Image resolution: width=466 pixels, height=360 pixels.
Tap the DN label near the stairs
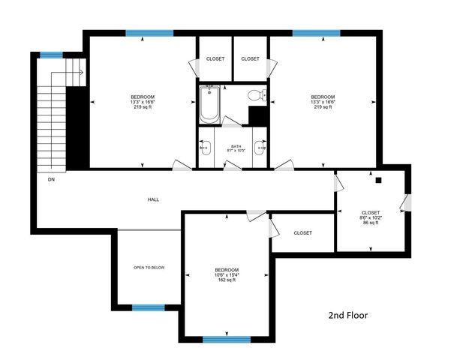(x=52, y=180)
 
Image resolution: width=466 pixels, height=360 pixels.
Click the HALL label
(x=153, y=199)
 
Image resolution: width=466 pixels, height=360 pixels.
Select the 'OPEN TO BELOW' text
(x=149, y=267)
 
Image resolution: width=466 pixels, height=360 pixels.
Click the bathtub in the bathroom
(x=209, y=104)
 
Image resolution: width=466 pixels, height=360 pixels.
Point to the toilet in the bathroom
(x=255, y=95)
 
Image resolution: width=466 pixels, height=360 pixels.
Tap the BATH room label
(x=236, y=146)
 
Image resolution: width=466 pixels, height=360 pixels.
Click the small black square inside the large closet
(x=379, y=180)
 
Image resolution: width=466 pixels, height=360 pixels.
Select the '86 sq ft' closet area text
(x=371, y=223)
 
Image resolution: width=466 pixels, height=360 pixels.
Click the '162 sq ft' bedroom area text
(x=227, y=280)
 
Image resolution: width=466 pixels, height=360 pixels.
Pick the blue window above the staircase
(x=51, y=54)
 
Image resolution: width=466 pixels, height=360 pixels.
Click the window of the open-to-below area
(x=149, y=307)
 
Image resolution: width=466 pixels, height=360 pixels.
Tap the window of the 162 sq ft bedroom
(x=227, y=339)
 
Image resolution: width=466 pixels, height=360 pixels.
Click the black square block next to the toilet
(x=258, y=116)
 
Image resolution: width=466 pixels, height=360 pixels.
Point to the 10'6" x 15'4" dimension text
(x=227, y=275)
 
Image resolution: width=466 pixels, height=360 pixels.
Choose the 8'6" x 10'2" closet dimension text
(x=371, y=217)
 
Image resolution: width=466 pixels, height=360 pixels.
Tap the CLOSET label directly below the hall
(x=303, y=233)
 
